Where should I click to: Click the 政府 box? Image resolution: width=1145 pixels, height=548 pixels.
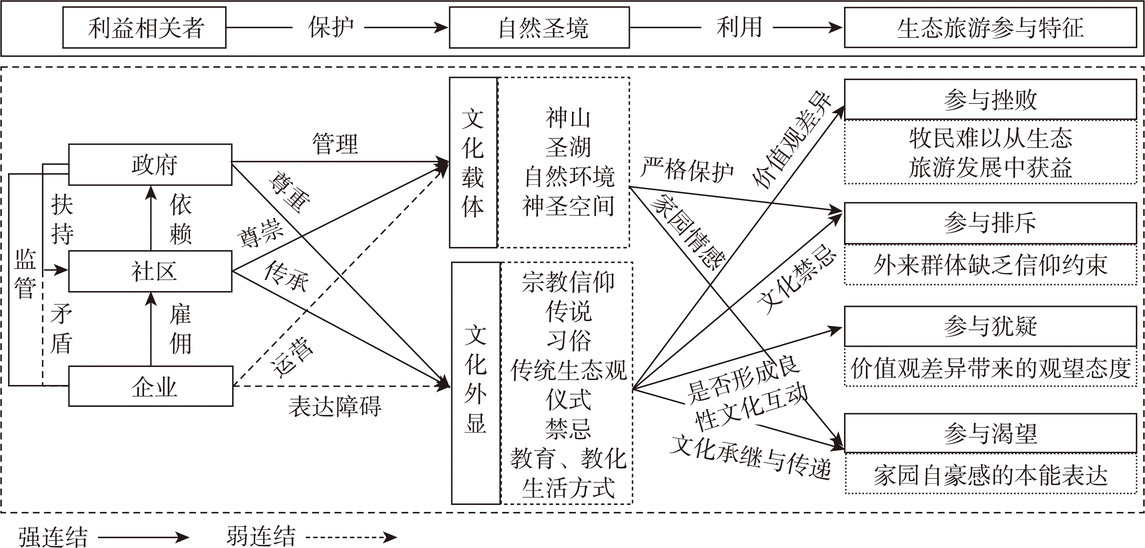click(150, 164)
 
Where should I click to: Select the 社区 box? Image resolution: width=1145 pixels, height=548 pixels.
click(150, 271)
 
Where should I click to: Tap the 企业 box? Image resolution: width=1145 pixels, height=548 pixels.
click(151, 386)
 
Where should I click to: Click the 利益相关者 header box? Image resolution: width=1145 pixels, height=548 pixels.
click(144, 28)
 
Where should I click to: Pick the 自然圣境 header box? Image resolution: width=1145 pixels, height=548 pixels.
click(539, 28)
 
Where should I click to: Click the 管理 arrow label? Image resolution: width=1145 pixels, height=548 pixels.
click(335, 144)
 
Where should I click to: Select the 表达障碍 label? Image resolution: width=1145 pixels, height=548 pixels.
click(335, 406)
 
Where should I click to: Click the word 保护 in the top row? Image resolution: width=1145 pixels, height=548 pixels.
click(331, 28)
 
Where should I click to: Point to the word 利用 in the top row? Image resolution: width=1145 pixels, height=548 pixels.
click(739, 28)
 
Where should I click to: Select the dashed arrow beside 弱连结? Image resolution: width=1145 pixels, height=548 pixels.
click(351, 537)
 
